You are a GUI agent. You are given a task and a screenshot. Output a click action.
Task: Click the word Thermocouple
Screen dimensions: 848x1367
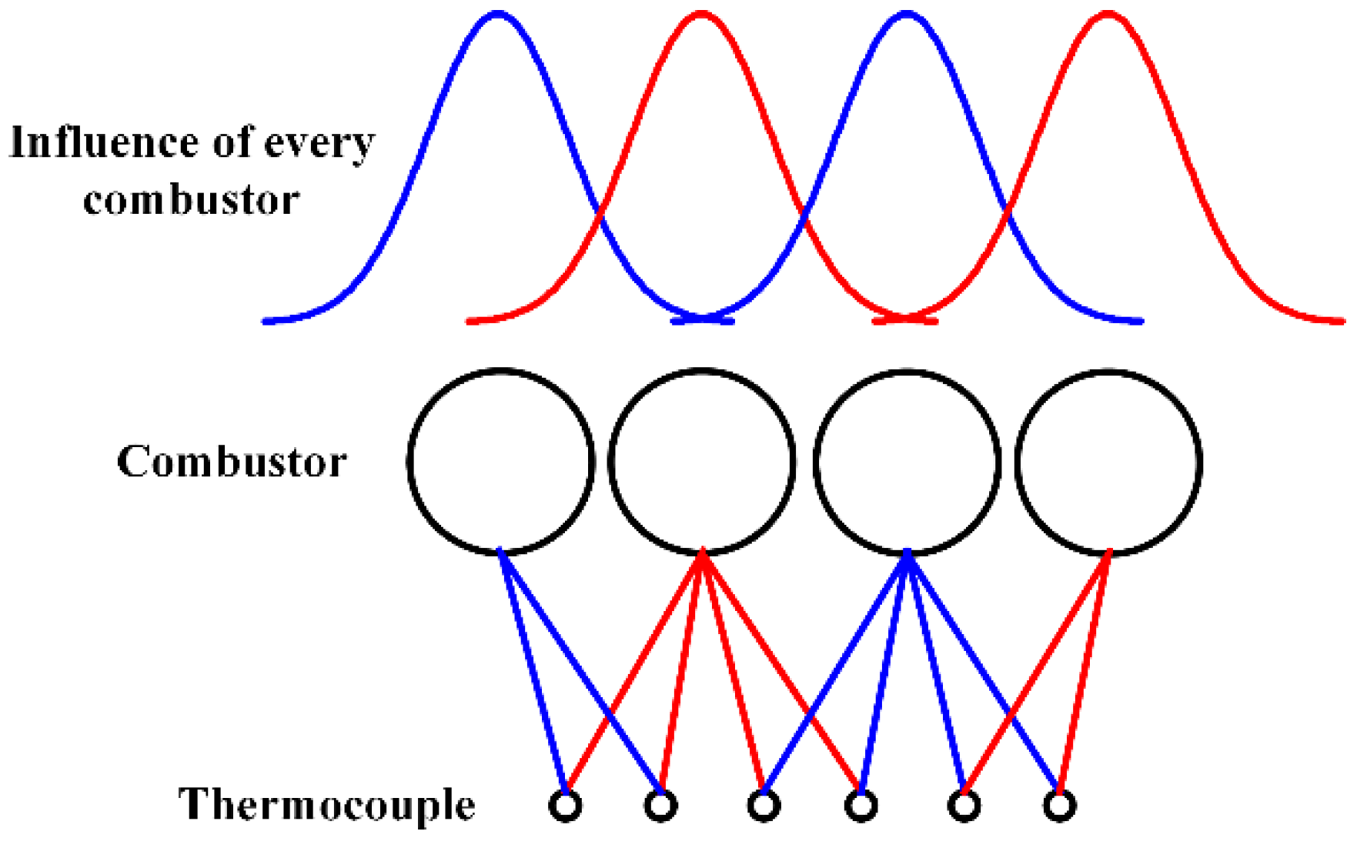[326, 805]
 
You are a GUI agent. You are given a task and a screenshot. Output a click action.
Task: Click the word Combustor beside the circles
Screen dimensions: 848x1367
[232, 462]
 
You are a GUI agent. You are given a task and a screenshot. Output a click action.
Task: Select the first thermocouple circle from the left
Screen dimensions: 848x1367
[565, 806]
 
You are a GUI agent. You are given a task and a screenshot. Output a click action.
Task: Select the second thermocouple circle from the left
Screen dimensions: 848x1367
[660, 806]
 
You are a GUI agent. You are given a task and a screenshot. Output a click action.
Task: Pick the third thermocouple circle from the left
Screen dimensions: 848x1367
[763, 806]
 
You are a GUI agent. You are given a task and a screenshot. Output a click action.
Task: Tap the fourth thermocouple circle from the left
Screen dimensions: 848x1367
[861, 806]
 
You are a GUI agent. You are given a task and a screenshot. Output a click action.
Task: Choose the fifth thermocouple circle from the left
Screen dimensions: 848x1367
[964, 806]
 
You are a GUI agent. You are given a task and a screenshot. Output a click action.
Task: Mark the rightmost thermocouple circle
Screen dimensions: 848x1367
[1060, 806]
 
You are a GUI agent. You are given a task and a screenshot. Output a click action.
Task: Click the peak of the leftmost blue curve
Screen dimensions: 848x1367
[498, 14]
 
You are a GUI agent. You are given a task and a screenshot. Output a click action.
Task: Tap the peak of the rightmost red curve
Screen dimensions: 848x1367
[1108, 14]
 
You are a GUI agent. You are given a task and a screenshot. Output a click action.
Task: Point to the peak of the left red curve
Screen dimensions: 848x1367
[701, 14]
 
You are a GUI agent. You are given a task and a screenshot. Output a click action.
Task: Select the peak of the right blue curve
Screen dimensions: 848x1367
[907, 14]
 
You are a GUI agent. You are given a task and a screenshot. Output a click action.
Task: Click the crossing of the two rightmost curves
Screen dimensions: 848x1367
[1007, 208]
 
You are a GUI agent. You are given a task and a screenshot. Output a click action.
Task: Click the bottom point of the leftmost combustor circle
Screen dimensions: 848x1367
[500, 552]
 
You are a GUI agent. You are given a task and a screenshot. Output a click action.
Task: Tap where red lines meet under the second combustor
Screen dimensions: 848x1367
[702, 553]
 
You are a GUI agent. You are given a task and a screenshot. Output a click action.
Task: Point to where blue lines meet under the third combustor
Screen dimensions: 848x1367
[907, 553]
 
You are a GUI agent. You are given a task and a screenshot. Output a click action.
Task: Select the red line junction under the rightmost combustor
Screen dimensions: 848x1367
[1108, 553]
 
